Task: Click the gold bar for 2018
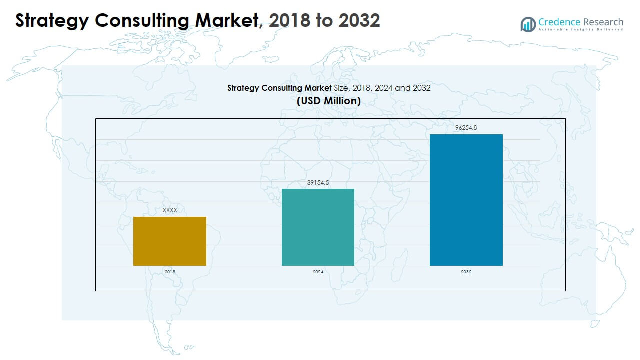[170, 241]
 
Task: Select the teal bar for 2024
[318, 227]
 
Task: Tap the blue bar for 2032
[466, 200]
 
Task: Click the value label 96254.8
[466, 128]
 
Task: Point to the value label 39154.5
[318, 183]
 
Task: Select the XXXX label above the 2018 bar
[170, 210]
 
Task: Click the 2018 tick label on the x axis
[170, 272]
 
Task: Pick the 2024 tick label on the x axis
[318, 272]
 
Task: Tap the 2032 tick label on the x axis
[466, 272]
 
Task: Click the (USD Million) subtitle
[328, 101]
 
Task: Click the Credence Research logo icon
[528, 24]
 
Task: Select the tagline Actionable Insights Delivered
[581, 30]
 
